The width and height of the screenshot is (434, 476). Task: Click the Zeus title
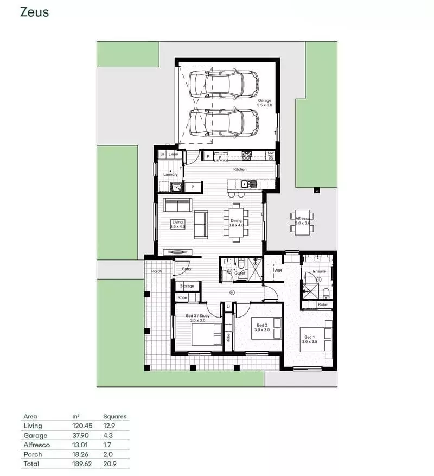point(34,12)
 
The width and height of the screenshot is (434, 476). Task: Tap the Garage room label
point(264,101)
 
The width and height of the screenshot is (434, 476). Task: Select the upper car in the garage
point(224,84)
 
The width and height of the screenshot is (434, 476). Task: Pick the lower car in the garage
point(224,123)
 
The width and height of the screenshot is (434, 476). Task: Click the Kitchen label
point(240,169)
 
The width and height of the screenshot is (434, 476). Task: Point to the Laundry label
point(170,174)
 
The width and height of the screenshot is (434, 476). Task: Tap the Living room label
point(178,222)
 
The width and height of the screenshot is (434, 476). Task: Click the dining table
point(236,222)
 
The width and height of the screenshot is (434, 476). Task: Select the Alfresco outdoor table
point(302,221)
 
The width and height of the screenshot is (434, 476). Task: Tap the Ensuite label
point(320,271)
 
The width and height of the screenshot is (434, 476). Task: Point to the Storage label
point(187,286)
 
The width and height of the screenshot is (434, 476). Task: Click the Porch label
point(157,271)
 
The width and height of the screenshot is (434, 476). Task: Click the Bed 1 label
point(310,337)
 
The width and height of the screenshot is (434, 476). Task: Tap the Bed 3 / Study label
point(197,316)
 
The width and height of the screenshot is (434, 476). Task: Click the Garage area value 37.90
point(79,435)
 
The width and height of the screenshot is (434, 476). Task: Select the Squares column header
point(114,416)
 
